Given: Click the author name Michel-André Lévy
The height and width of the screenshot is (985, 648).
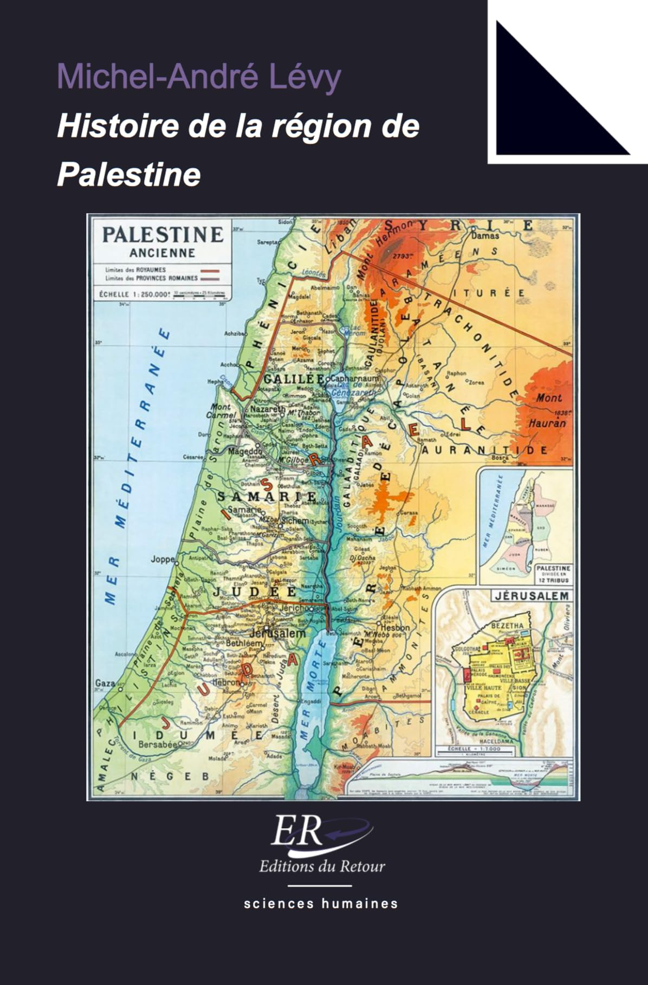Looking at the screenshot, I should [x=199, y=76].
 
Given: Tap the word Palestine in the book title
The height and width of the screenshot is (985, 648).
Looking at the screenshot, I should [x=129, y=175].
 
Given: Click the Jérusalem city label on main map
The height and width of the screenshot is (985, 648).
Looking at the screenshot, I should [x=278, y=633].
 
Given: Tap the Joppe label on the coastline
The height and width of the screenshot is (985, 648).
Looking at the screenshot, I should [x=163, y=559].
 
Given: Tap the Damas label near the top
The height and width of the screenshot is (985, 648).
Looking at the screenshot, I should [x=485, y=236].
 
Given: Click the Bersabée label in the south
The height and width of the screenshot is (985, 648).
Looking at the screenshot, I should [x=158, y=745].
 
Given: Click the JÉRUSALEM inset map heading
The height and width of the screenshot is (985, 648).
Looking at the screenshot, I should [x=532, y=596].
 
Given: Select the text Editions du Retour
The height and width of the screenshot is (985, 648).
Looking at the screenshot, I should [x=322, y=866].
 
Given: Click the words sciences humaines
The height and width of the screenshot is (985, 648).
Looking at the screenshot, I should [x=321, y=904].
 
